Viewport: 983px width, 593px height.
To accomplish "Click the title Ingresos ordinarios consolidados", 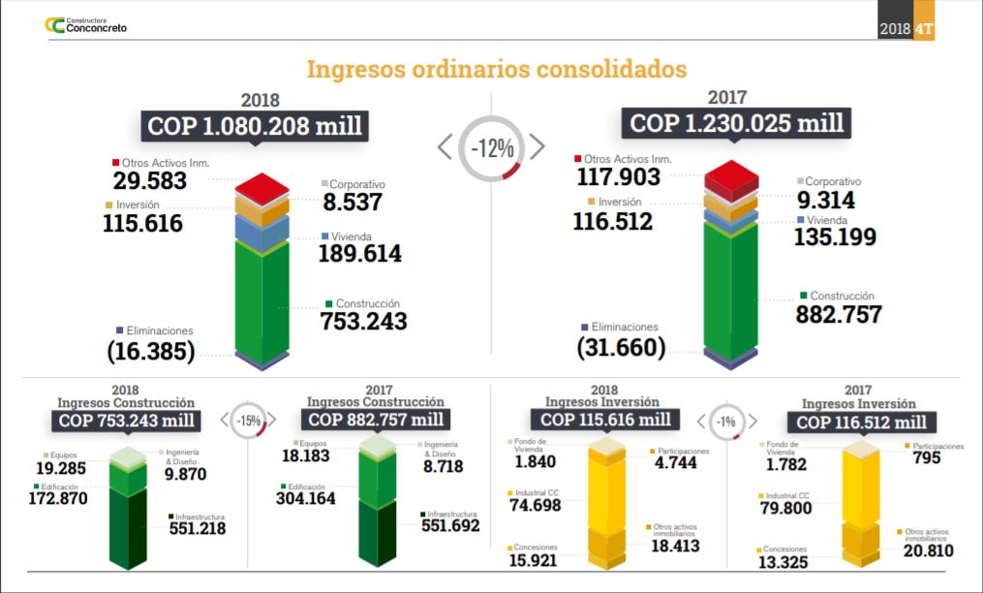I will (497, 70).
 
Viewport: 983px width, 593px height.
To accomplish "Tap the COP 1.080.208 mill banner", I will (255, 126).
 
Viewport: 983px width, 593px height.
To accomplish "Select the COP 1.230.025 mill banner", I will (737, 123).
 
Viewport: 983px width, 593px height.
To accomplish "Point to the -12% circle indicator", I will (492, 148).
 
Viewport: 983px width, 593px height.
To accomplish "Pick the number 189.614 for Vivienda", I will (359, 254).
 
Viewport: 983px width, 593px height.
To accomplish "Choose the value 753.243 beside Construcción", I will (363, 321).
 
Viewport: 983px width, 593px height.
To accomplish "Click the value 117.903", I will (619, 176).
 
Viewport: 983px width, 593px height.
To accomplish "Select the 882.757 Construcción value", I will (839, 314).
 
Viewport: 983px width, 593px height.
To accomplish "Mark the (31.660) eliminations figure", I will (621, 347).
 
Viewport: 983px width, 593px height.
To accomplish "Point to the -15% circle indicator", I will (249, 421).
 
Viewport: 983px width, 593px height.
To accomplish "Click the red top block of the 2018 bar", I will (262, 186).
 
